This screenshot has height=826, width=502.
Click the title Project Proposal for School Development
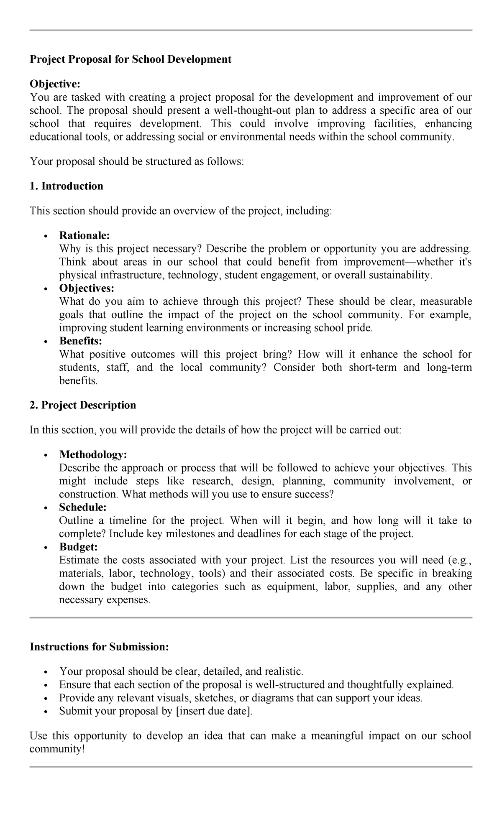(x=130, y=59)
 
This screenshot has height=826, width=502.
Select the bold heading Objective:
(x=54, y=84)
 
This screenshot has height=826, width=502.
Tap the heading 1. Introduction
(x=66, y=186)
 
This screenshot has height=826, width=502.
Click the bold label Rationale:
(x=85, y=235)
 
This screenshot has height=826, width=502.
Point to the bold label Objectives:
(x=87, y=288)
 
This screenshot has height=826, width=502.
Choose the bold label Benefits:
(x=81, y=341)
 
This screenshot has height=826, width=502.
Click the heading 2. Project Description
(x=83, y=405)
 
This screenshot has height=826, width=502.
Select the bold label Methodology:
(x=93, y=454)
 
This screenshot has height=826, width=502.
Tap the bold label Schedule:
(x=83, y=507)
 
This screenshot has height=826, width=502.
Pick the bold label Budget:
(x=78, y=547)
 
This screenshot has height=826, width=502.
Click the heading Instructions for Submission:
(x=99, y=647)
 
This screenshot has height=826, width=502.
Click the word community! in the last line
(x=57, y=749)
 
